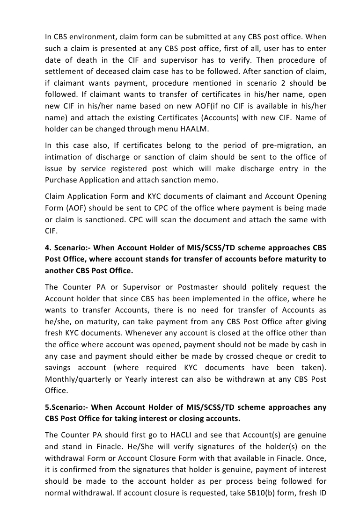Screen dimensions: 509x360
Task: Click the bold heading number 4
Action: (47, 247)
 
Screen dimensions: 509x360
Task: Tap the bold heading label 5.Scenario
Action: (65, 408)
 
